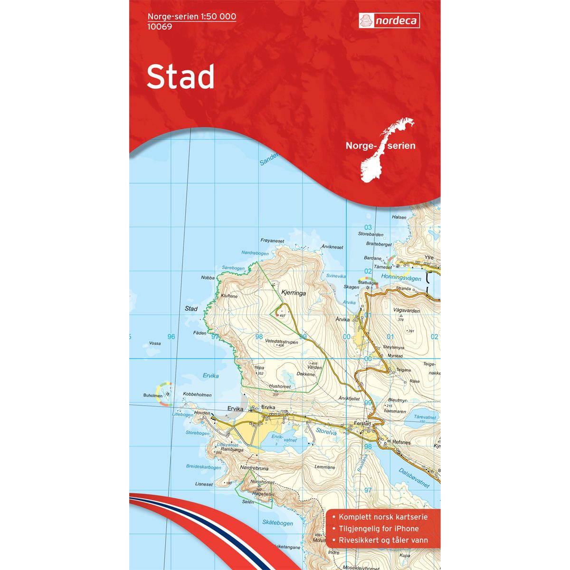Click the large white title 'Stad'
coord(180,77)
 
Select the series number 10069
coord(160,27)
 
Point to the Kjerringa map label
coord(294,293)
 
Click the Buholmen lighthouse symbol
coord(167,394)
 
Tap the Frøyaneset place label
coord(272,240)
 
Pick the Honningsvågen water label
coord(401,278)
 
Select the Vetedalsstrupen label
coord(282,342)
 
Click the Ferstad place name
coord(361,423)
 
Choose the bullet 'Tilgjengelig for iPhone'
coord(379,529)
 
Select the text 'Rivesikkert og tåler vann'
coord(383,540)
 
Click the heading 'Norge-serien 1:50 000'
coord(192,17)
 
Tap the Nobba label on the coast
coord(208,278)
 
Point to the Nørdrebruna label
coord(255,468)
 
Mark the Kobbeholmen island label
coord(197,395)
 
